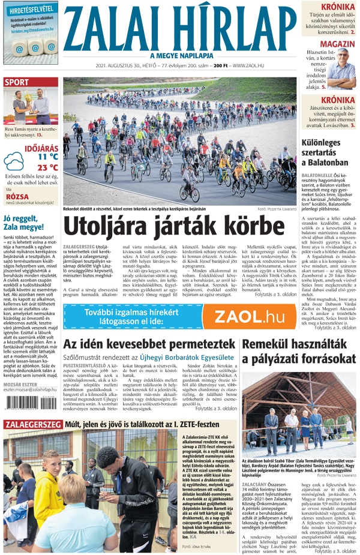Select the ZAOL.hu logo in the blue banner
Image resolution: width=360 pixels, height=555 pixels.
tap(250, 316)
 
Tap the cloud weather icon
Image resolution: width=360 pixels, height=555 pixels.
tap(15, 161)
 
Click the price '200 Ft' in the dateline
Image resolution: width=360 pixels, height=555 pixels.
tap(221, 65)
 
